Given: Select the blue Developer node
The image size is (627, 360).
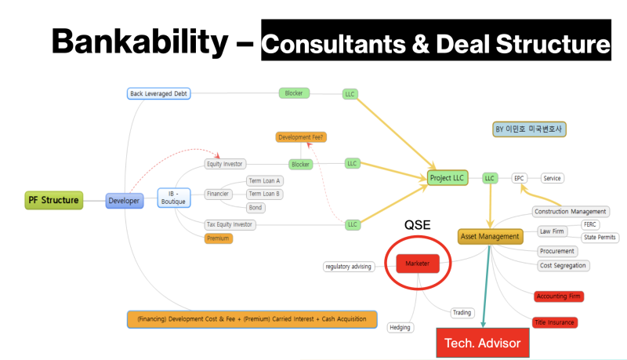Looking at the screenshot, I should (x=125, y=201).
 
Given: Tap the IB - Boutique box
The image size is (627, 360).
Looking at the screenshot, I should (x=173, y=196).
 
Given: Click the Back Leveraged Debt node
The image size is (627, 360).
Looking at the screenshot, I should (x=159, y=93).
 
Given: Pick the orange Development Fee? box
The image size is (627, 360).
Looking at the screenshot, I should (x=301, y=137).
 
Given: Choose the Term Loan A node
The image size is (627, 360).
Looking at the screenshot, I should (x=265, y=180).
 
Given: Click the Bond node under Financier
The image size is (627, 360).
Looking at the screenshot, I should (x=256, y=208).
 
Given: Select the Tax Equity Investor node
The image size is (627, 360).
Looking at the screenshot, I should (x=230, y=224).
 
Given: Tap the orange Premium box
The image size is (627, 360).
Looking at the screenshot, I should (x=219, y=238).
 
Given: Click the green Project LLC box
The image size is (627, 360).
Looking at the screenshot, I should (x=448, y=178).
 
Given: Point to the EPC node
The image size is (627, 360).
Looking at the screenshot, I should (x=519, y=178).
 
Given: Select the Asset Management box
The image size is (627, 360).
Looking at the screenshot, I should (x=490, y=236).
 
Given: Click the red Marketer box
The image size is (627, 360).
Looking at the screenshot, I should (x=417, y=264).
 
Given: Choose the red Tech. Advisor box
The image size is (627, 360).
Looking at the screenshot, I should (x=482, y=343).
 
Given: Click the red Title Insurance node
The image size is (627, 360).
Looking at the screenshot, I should (x=554, y=322).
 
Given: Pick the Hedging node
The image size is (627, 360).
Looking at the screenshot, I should (x=400, y=327).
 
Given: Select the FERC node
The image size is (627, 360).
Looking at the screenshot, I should (x=589, y=224).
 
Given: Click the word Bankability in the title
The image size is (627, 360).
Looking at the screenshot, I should (x=138, y=40).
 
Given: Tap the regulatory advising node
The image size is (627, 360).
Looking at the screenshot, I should (x=348, y=267).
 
